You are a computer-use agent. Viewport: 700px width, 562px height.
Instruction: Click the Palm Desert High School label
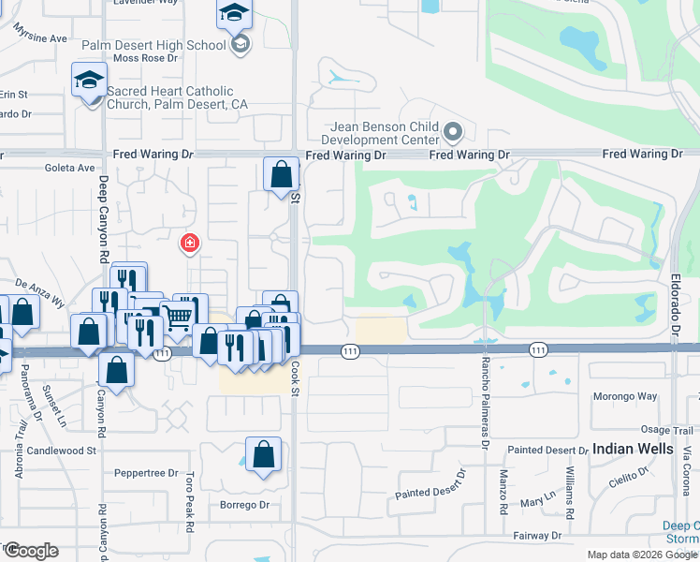(x=154, y=45)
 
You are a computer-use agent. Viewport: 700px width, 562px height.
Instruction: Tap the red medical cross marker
(x=190, y=244)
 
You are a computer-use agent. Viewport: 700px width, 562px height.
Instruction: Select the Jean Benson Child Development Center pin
(x=454, y=130)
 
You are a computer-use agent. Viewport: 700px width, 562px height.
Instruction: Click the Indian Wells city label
(x=632, y=449)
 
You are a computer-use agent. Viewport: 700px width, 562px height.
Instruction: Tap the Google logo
(x=31, y=551)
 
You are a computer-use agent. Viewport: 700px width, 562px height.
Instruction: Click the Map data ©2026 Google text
(x=643, y=555)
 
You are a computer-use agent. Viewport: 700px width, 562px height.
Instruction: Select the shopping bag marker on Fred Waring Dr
(x=281, y=174)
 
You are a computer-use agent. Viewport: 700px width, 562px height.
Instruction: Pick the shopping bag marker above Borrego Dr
(x=264, y=455)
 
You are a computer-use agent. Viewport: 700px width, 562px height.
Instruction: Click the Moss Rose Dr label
(x=145, y=58)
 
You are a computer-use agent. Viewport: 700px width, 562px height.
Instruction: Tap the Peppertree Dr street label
(x=146, y=473)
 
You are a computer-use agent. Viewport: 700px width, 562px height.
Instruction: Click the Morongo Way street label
(x=624, y=396)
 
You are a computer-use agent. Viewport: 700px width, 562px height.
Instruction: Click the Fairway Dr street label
(x=537, y=536)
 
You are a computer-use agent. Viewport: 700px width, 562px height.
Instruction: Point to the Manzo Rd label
(x=503, y=494)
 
